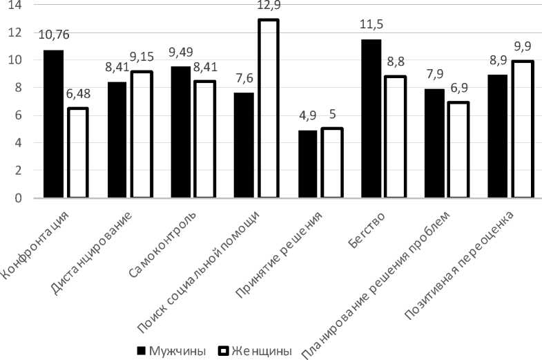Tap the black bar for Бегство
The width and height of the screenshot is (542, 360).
tap(370, 119)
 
